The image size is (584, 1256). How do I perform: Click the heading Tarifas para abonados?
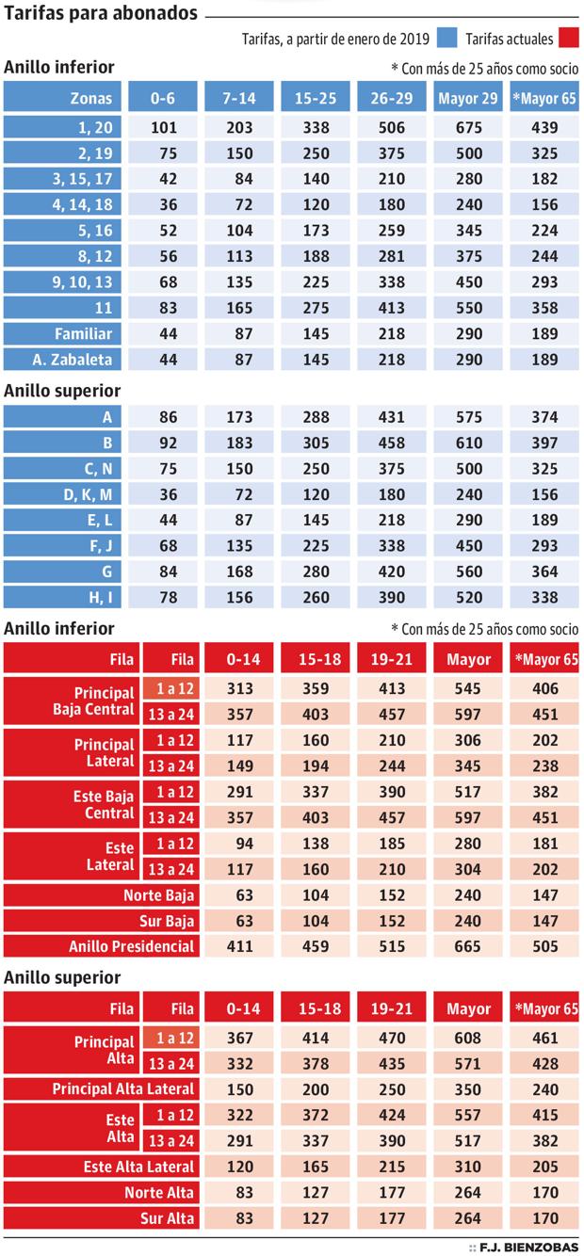pyautogui.click(x=101, y=14)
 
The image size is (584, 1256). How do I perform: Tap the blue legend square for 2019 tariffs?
pyautogui.click(x=448, y=39)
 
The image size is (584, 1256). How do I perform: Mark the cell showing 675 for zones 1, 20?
pyautogui.click(x=468, y=127)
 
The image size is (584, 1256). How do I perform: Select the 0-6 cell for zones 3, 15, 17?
pyautogui.click(x=164, y=179)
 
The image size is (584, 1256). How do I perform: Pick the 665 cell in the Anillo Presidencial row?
pyautogui.click(x=468, y=945)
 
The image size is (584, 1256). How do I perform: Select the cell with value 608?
pyautogui.click(x=468, y=1039)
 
